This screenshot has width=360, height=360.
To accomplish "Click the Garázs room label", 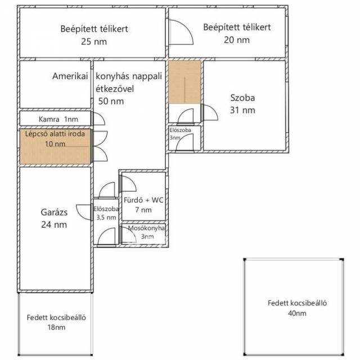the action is coord(54,212).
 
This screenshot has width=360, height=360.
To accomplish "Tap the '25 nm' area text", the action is coord(94,42).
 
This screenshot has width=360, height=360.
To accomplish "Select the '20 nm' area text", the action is coord(237,40).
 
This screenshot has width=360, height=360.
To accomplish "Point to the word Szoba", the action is coord(242,98).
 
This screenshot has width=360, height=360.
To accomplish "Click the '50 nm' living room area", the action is coord(111,101).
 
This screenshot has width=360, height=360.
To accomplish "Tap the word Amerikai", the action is coord(70,76).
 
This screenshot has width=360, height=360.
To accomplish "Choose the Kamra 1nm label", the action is coord(58,119).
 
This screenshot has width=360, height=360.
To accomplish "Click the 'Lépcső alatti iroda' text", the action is coord(55,134).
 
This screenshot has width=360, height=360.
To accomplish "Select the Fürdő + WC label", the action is coord(143,200).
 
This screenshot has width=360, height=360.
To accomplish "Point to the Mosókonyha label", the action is coord(146,228).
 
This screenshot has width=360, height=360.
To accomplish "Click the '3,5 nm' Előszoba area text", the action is coord(106,218).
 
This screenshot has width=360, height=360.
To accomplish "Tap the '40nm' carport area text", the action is coord(297,313).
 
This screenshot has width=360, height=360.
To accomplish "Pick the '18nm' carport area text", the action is coord(56,327).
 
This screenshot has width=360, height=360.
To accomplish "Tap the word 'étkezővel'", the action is coord(115,89).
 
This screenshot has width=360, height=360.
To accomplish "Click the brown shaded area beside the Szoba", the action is coord(184,82).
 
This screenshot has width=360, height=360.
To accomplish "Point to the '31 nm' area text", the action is coord(242,110).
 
